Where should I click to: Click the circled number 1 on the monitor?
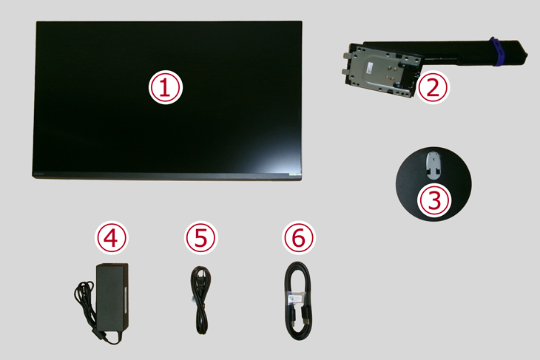[165, 87]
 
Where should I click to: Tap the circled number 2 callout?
[433, 87]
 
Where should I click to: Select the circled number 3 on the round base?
[434, 200]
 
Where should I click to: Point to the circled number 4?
[111, 238]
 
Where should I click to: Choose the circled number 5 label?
[201, 238]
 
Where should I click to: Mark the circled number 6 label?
[299, 238]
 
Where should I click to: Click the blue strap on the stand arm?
[496, 51]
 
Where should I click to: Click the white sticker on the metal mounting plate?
[371, 67]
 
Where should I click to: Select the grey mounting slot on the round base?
[433, 166]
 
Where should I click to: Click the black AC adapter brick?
[112, 296]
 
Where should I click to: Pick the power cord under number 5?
[201, 300]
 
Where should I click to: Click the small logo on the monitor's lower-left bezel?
[39, 174]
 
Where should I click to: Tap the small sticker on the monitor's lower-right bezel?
[294, 174]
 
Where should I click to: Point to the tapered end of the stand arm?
[522, 52]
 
